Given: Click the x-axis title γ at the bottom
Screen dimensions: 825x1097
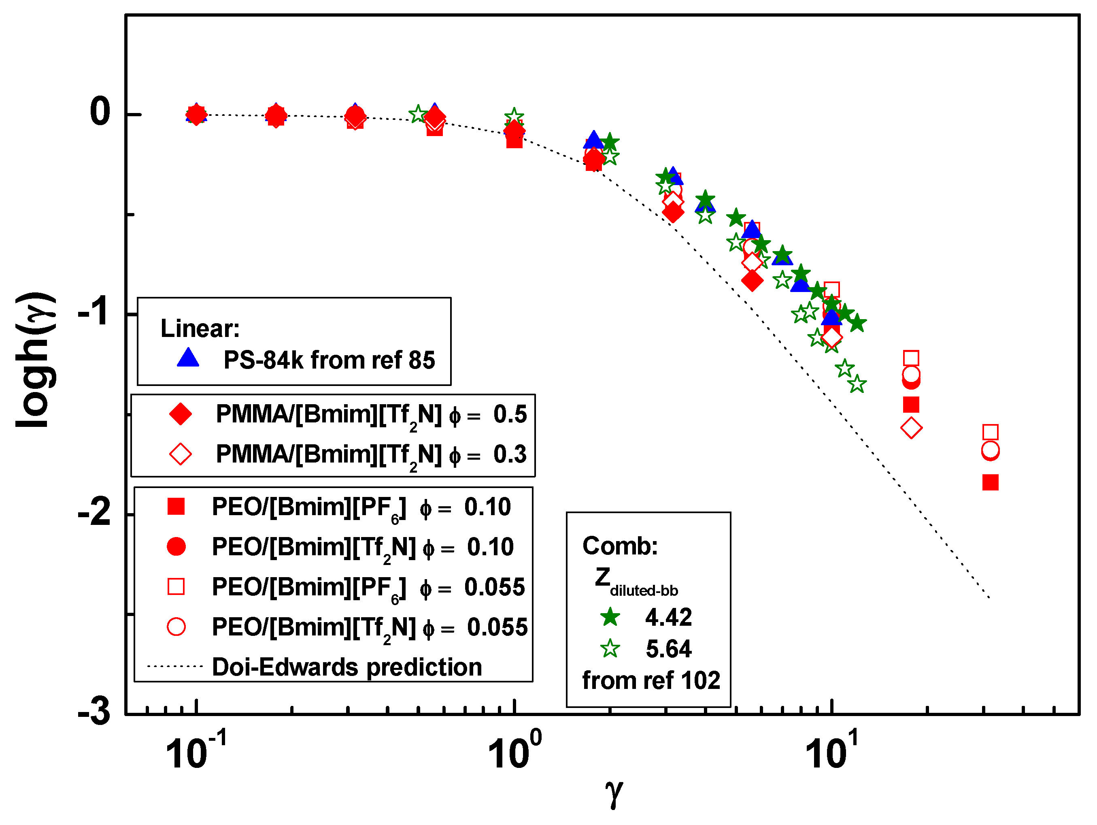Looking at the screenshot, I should point(614,792).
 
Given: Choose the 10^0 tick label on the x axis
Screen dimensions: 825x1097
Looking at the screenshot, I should point(514,752).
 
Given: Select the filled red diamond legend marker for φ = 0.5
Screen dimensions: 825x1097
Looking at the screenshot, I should point(181,414).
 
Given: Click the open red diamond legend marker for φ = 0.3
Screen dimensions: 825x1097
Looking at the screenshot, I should point(181,454).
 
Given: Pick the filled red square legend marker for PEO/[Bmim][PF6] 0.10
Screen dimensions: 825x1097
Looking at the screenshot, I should point(176,507).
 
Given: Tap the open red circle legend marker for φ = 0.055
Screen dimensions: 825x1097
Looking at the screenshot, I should point(176,627).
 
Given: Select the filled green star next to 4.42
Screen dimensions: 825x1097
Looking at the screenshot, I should point(610,617).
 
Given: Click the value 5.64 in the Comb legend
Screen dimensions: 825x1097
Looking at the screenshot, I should point(668,649).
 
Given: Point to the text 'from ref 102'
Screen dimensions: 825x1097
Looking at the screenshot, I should point(651,680).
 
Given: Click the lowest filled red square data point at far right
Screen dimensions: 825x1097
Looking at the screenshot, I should point(991,483).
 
